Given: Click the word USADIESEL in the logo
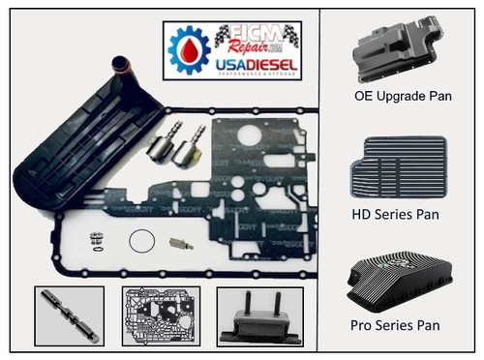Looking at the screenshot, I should click(x=256, y=65).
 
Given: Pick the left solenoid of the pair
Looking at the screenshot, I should click(x=161, y=146).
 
